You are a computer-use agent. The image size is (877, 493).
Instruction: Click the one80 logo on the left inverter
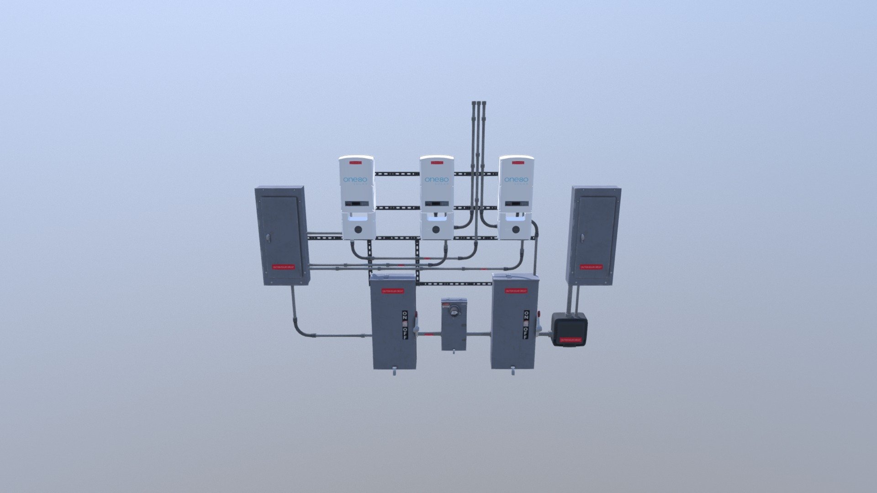tap(354, 180)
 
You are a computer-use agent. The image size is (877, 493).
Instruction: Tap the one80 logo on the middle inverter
tap(436, 180)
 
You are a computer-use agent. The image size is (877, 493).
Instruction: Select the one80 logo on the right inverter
tap(516, 180)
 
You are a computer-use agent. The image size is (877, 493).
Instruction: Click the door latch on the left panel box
tap(268, 238)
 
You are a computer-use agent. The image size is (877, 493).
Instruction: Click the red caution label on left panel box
tap(283, 267)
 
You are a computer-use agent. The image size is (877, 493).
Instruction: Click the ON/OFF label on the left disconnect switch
tap(405, 325)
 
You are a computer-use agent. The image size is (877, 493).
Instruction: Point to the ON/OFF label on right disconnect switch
tap(526, 325)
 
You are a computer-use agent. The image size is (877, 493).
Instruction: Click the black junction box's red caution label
tap(571, 340)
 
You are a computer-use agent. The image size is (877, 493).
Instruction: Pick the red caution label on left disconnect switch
tap(393, 291)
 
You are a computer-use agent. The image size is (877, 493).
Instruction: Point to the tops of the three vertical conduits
tap(478, 104)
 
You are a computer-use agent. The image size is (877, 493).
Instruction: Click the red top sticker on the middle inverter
tap(436, 162)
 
